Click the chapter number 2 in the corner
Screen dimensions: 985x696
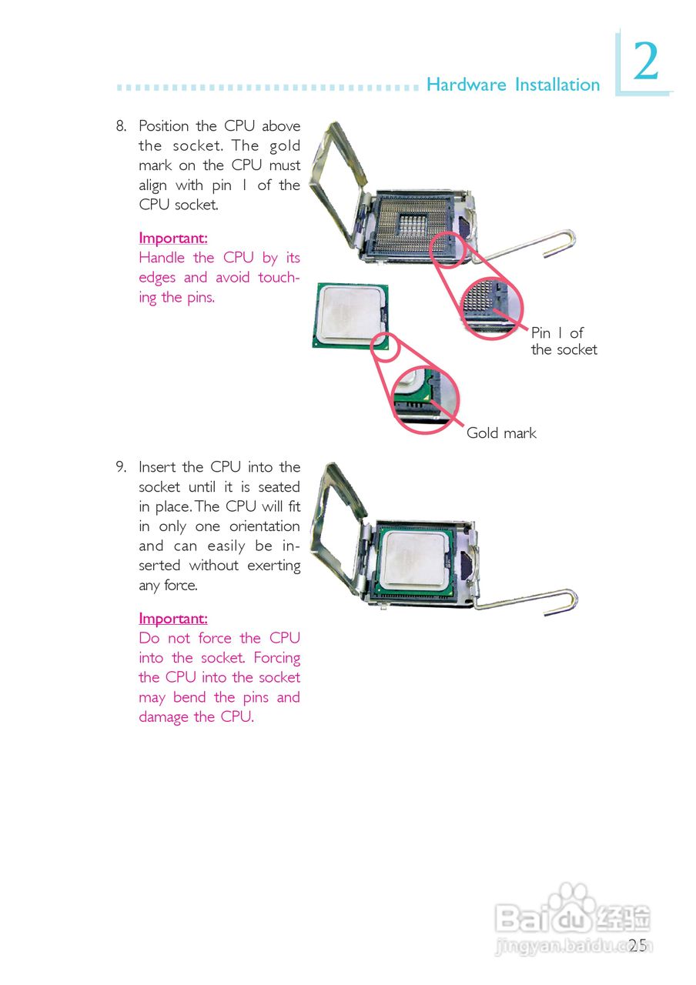point(646,62)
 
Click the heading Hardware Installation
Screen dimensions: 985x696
point(513,85)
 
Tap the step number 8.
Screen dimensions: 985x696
point(121,126)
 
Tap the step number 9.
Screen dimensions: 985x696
point(121,467)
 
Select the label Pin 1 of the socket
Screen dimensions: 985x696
point(564,341)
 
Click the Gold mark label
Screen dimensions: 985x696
point(501,433)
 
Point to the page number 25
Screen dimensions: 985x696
point(637,946)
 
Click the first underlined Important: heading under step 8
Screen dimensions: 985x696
point(173,239)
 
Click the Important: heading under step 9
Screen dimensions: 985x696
point(173,619)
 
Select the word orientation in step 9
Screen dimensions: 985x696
point(264,526)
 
